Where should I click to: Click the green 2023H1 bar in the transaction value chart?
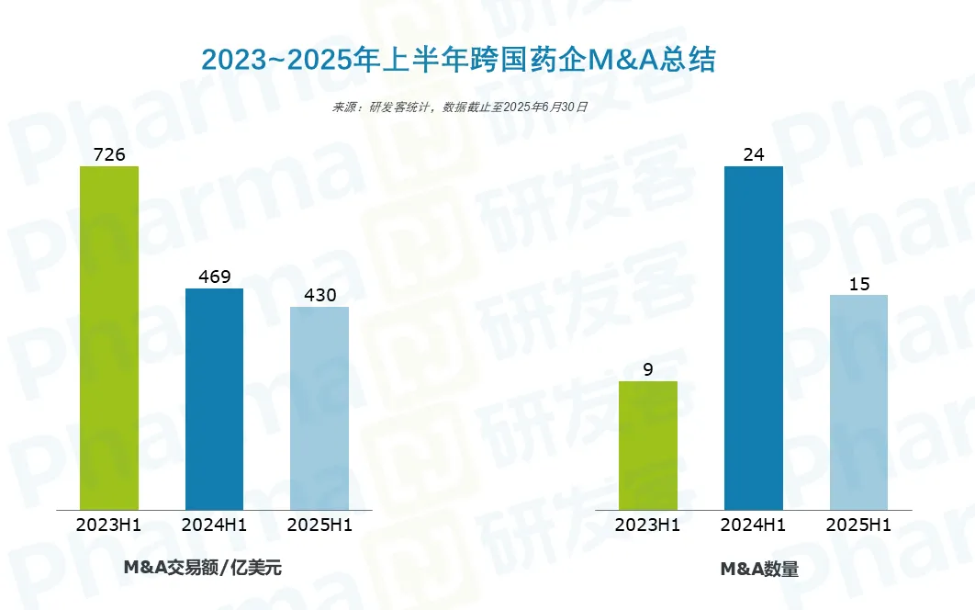(109, 337)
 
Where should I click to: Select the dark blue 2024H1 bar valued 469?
(215, 399)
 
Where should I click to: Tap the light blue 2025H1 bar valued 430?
(319, 408)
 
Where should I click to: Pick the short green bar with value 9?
(648, 446)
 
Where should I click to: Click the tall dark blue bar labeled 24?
(754, 337)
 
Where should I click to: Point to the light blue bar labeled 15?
(858, 401)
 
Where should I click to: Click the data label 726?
(109, 154)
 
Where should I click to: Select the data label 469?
(215, 277)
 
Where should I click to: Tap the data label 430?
(319, 295)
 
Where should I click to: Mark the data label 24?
(754, 154)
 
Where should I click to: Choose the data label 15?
(858, 283)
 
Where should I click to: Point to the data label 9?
(648, 369)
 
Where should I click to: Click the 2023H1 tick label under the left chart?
(109, 525)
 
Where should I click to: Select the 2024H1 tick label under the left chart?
(215, 525)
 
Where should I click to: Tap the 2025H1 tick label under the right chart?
(858, 525)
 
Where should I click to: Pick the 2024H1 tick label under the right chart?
(754, 525)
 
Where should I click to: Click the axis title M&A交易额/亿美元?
(203, 568)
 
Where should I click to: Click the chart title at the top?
(458, 60)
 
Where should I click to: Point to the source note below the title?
(460, 107)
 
